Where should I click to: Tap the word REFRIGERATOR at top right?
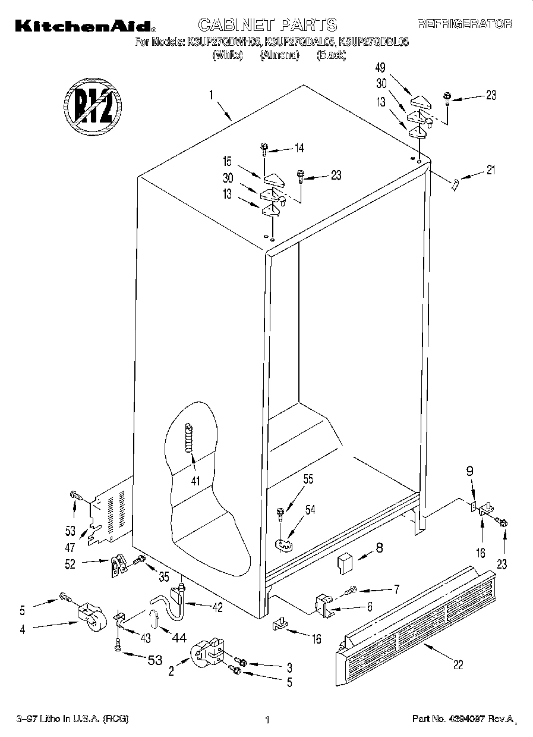[x=465, y=24]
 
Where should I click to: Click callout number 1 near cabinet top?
[x=210, y=93]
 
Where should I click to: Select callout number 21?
[x=490, y=171]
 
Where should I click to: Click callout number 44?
[x=178, y=638]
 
